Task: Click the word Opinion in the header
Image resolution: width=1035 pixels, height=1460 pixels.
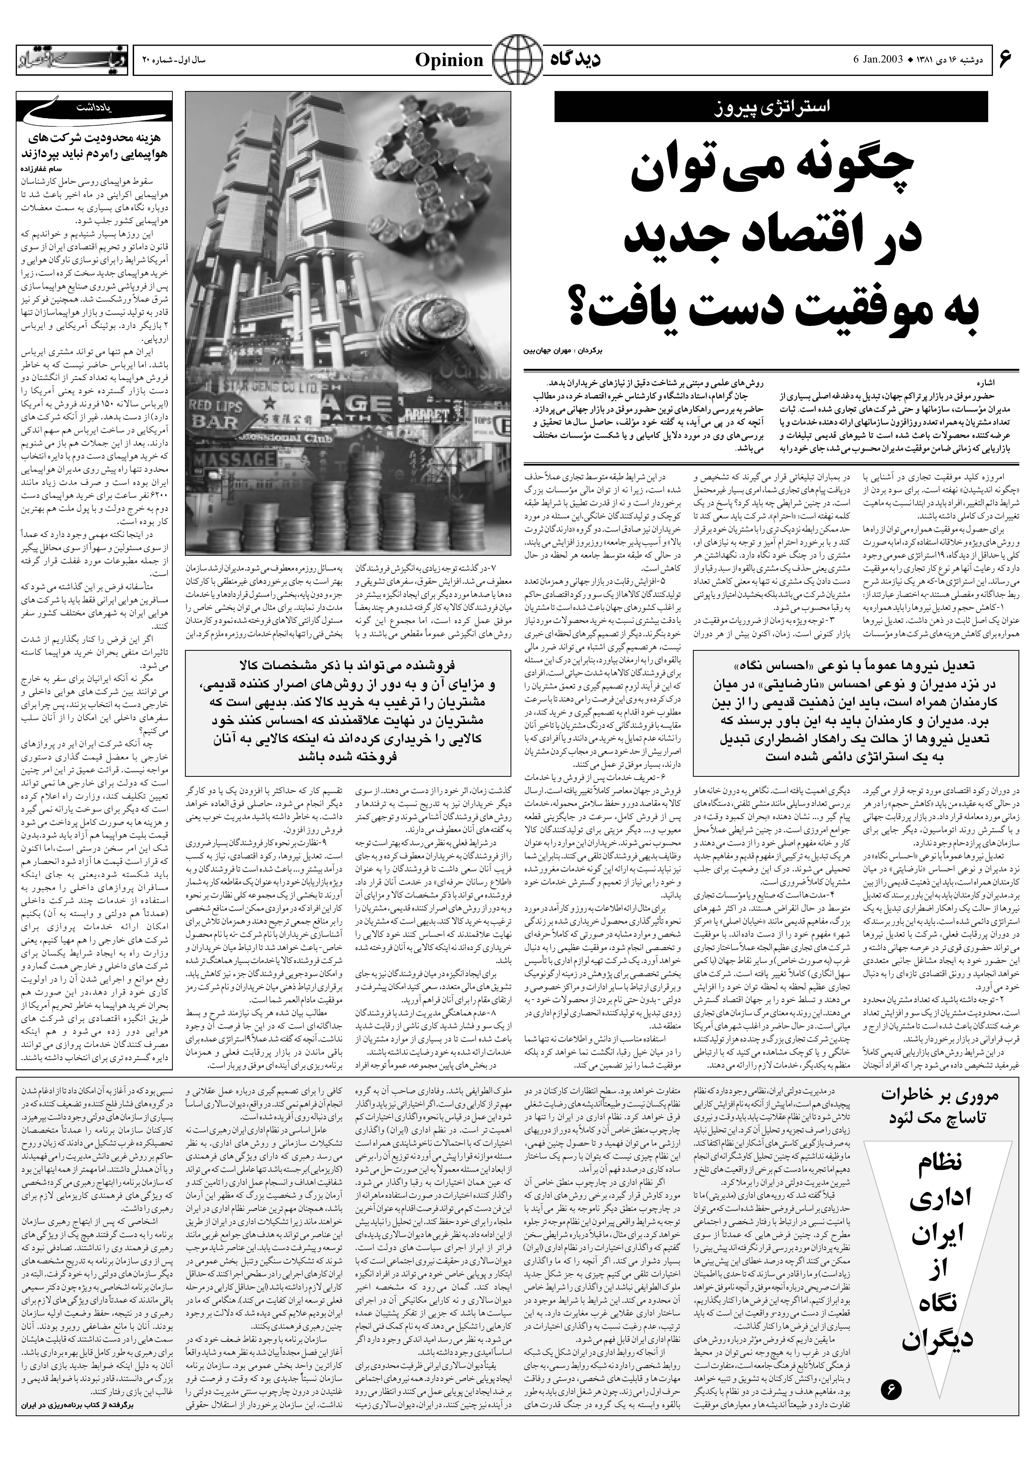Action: [x=449, y=61]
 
